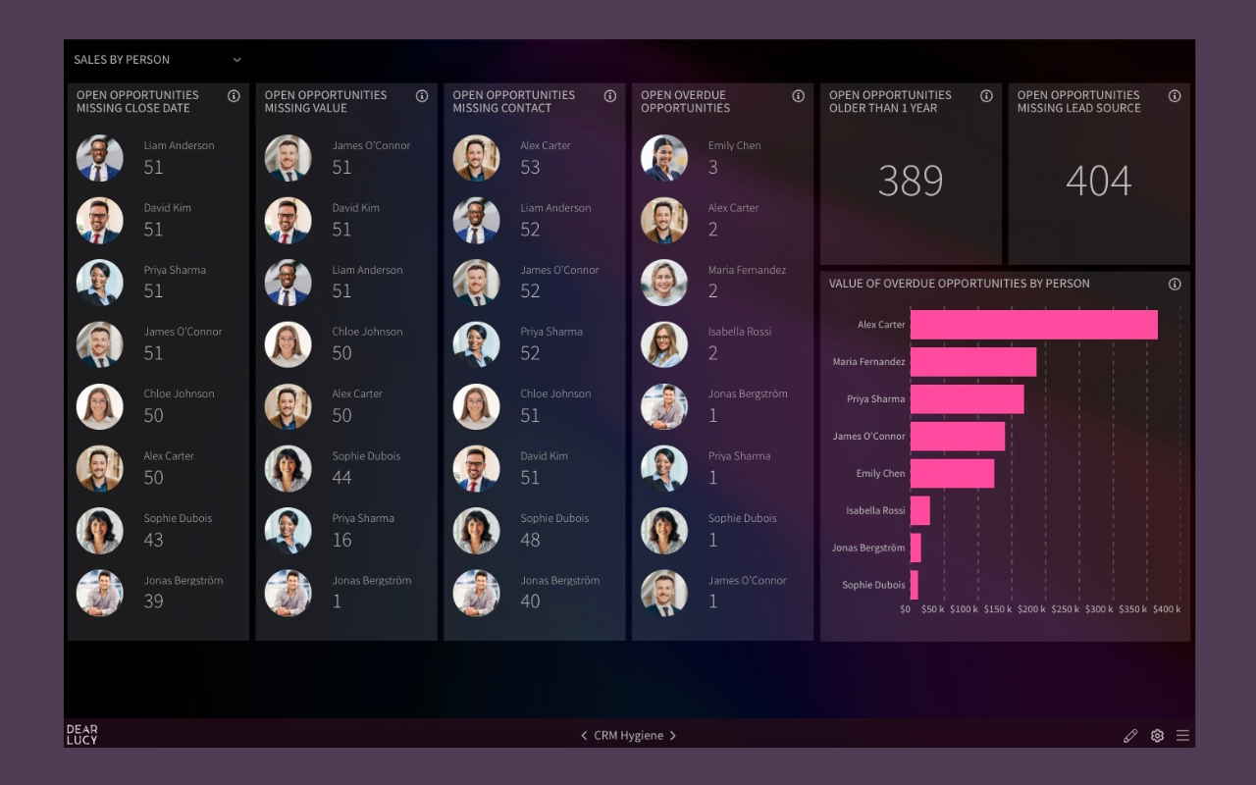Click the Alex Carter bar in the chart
tap(1033, 325)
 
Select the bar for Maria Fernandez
tap(972, 362)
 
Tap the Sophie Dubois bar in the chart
tap(914, 585)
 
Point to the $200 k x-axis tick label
tap(1031, 609)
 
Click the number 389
tap(911, 181)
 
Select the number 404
tap(1098, 181)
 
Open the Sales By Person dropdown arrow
tap(236, 60)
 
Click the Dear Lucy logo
tap(81, 735)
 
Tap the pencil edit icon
tap(1130, 736)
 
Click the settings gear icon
tap(1157, 736)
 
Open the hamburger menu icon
tap(1182, 736)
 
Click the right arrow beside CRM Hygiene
tap(673, 736)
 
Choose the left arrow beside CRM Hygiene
tap(584, 736)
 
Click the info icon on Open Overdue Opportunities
tap(798, 96)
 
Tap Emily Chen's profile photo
tap(664, 158)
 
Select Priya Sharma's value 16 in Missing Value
tap(341, 540)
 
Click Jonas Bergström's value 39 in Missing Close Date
tap(153, 602)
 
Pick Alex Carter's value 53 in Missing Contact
tap(530, 168)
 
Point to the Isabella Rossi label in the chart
tap(875, 510)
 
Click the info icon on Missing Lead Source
tap(1175, 96)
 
